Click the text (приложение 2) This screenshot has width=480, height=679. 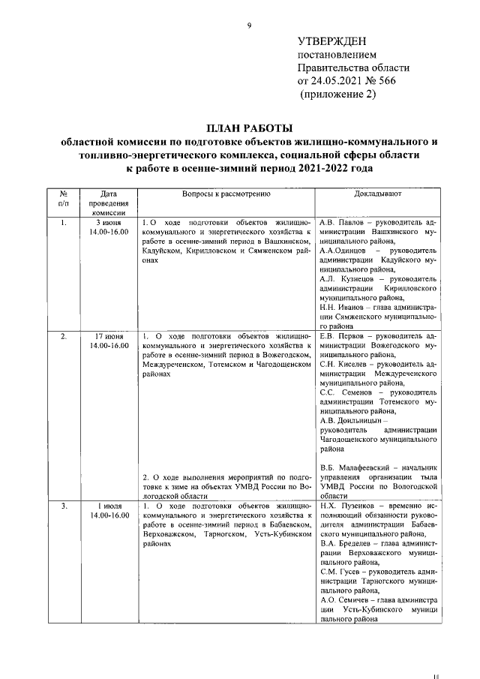[x=336, y=95]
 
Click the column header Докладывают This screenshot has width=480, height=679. [x=377, y=194]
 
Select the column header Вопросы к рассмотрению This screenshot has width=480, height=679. [x=226, y=194]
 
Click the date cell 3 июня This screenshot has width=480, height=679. [x=109, y=223]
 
